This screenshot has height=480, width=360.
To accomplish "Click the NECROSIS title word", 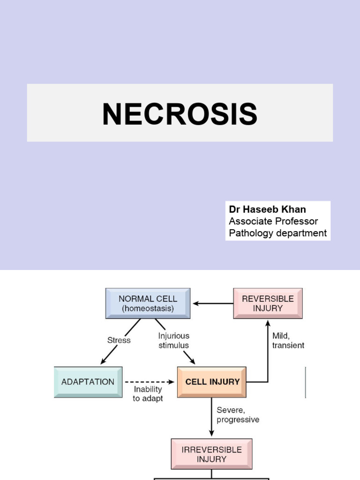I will [x=180, y=114].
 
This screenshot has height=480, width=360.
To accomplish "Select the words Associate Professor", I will [x=273, y=221].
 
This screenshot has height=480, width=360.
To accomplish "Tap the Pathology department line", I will [x=277, y=233].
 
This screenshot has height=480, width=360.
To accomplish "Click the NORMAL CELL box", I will [x=148, y=303].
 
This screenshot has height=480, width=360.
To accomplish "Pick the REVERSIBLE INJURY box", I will [x=268, y=303].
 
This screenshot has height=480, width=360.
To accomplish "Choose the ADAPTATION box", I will [x=88, y=382].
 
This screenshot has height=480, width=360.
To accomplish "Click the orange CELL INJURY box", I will [x=212, y=382].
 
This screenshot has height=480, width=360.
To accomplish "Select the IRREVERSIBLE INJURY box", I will [x=211, y=454].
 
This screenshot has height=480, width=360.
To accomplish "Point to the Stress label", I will [x=119, y=340].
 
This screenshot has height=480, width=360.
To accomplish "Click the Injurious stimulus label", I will [x=173, y=341].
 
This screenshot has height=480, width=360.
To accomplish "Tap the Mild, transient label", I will [x=288, y=341].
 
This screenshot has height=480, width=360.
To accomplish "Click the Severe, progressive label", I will [x=238, y=415].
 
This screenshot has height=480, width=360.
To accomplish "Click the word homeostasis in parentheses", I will [x=148, y=308].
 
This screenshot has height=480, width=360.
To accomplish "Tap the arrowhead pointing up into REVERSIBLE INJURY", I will [x=268, y=322].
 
